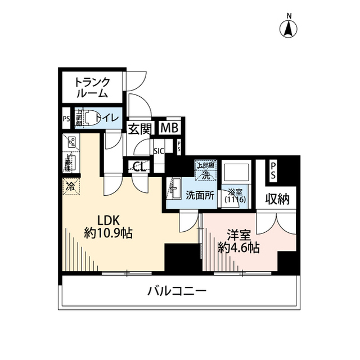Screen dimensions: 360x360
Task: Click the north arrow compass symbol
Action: coord(289,28)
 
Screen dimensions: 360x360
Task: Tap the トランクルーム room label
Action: coord(92,88)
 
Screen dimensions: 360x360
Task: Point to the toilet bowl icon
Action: coord(86,119)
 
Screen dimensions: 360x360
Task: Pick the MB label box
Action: coord(169,128)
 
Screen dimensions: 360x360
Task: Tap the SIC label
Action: coord(159,151)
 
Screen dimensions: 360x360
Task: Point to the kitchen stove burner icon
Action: coord(71,143)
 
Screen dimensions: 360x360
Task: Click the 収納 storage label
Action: coord(275,200)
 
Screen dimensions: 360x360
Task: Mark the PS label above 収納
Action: coord(273,170)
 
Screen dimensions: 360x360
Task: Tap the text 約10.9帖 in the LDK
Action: coord(108,233)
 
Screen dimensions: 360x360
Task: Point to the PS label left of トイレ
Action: coord(66,119)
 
